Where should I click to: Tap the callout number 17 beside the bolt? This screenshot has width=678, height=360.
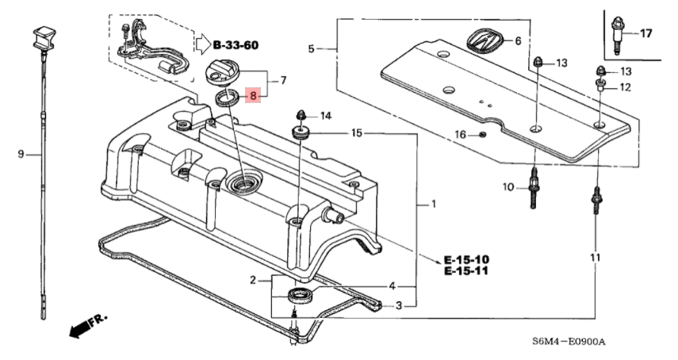[x=645, y=33]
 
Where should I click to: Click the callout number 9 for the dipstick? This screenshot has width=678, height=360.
[x=21, y=154]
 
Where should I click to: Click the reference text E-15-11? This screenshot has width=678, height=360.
[x=466, y=272]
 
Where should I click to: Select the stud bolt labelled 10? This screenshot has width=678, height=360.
[x=535, y=190]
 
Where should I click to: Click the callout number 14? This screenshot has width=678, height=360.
[x=325, y=117]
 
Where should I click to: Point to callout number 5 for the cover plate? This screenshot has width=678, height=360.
[x=312, y=49]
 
